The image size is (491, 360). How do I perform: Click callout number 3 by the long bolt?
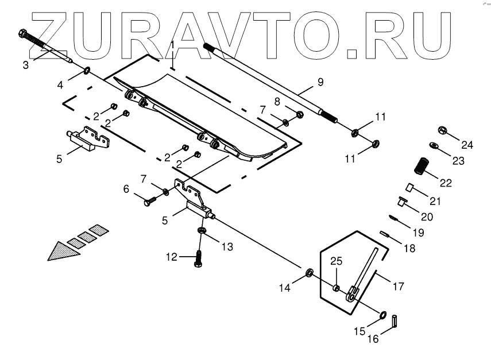(x=25, y=65)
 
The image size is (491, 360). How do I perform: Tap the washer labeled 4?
(x=87, y=71)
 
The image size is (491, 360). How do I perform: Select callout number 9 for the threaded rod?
(x=320, y=82)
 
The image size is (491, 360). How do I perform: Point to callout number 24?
(x=467, y=145)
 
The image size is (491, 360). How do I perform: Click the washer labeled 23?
(x=435, y=145)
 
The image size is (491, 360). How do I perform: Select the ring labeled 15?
(x=382, y=315)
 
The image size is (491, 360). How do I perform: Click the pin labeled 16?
(x=396, y=321)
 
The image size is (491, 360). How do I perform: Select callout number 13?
(x=227, y=247)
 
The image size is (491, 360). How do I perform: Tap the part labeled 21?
(x=411, y=187)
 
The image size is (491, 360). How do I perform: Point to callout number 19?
(x=417, y=233)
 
